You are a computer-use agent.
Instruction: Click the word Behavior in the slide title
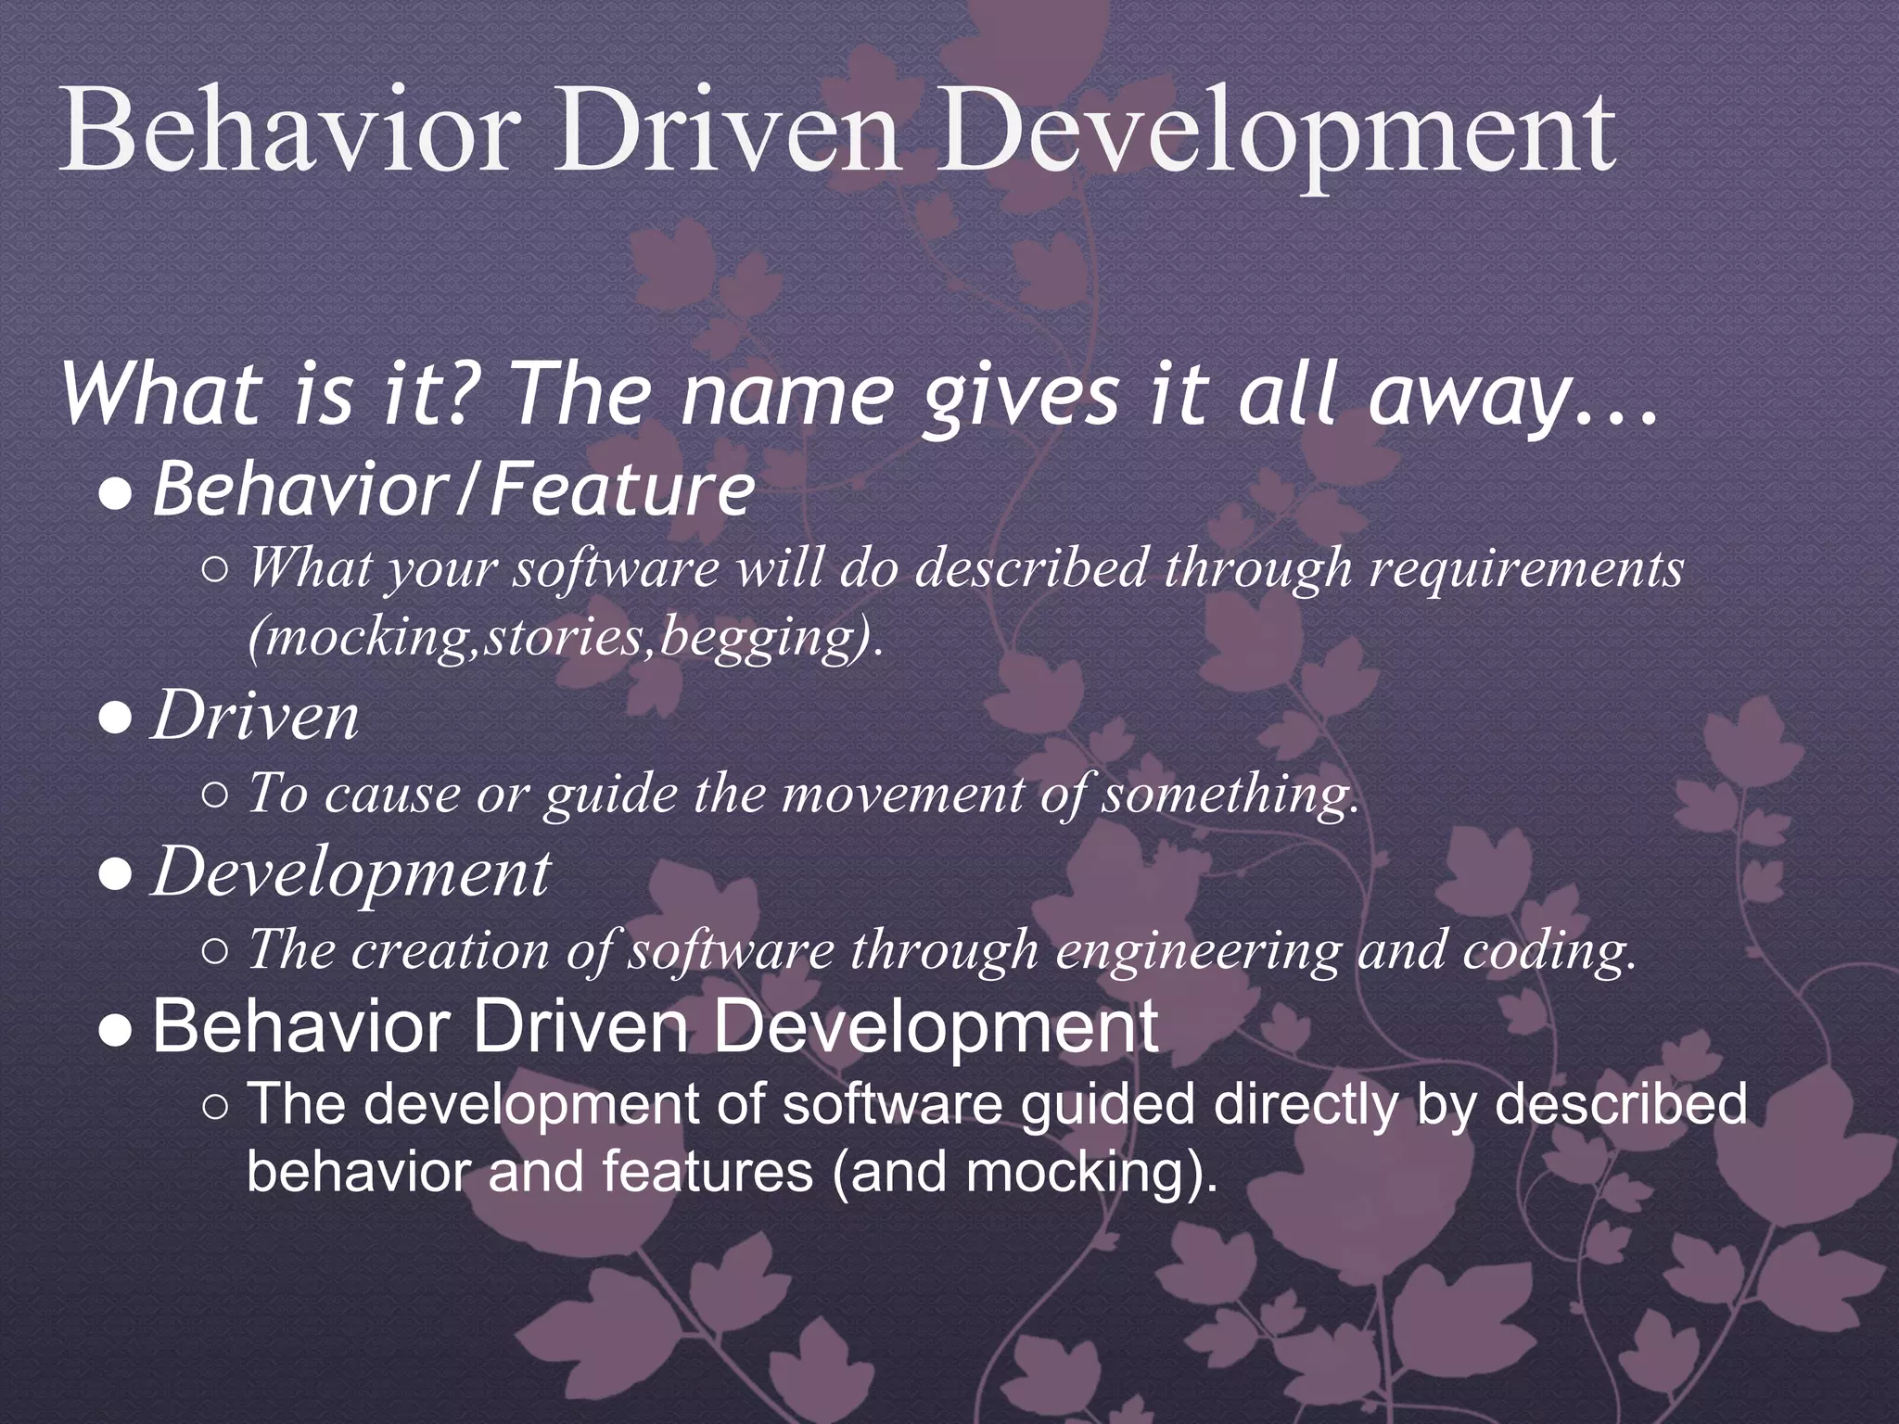coord(287,134)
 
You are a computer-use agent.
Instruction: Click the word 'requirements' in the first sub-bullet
coord(1525,567)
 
